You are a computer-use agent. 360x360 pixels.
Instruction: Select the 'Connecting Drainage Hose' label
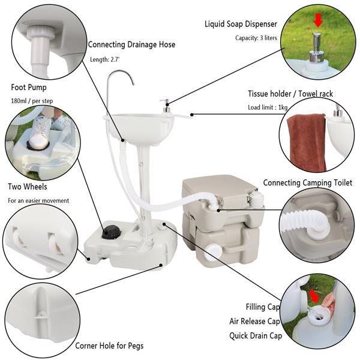coord(131,44)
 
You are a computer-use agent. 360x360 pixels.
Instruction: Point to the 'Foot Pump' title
coord(28,87)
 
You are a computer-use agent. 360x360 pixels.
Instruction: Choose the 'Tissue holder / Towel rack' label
coord(290,94)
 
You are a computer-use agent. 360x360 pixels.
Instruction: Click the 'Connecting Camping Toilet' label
coord(308,182)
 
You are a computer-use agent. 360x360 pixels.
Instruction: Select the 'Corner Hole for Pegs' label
coord(109,346)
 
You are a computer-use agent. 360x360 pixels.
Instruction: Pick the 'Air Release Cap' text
coord(255,321)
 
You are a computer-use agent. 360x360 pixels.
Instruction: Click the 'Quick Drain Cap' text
coord(256,335)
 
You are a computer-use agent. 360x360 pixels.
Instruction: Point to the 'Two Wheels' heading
coord(28,186)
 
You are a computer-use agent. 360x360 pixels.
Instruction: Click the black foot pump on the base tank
coord(111,231)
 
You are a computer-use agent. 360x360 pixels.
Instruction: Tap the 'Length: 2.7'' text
coord(106,59)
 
